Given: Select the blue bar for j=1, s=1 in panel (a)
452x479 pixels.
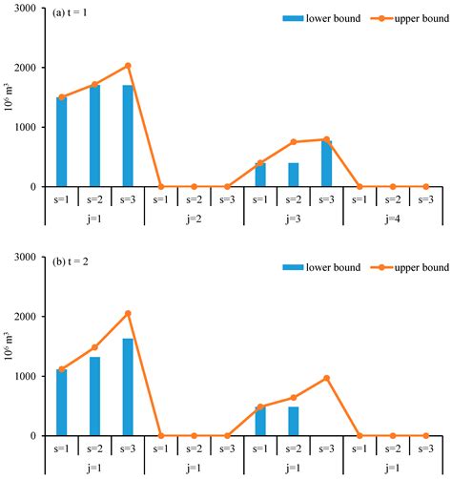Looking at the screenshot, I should (62, 143).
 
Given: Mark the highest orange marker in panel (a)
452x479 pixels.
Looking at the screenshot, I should (128, 66).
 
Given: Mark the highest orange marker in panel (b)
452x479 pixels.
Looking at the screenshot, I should (128, 314).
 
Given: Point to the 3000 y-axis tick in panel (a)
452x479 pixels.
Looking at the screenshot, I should (31, 9).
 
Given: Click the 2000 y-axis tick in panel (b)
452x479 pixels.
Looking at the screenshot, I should (31, 317).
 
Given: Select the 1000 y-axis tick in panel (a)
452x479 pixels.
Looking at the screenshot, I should (31, 127).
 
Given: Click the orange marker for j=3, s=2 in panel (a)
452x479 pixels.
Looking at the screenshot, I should (293, 142).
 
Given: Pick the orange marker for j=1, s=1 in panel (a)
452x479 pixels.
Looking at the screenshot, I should (62, 97).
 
